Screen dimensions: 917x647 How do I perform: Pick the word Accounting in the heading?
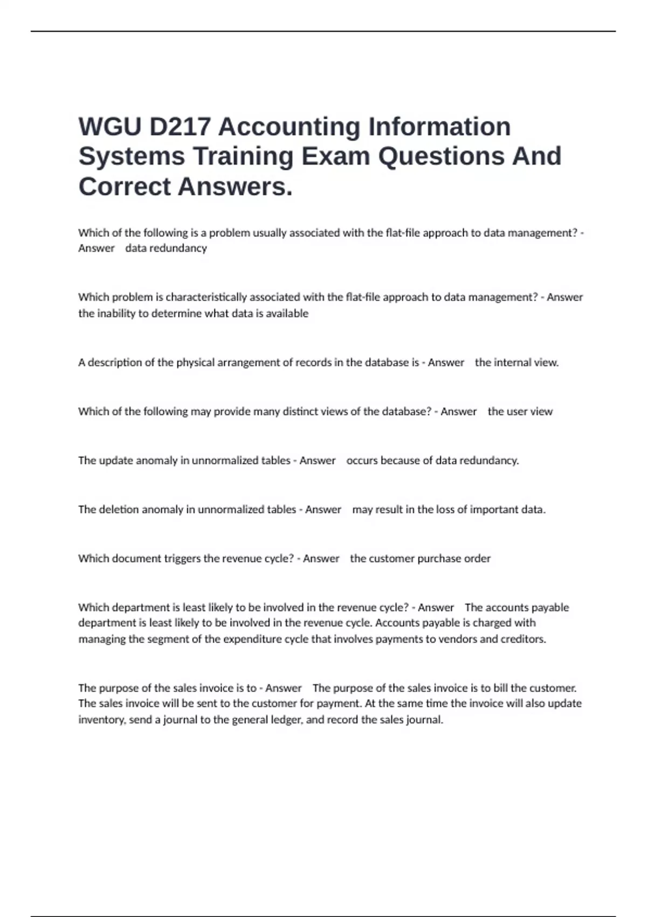tap(289, 127)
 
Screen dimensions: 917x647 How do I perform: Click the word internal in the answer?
tap(512, 362)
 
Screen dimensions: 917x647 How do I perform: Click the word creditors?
tap(524, 639)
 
